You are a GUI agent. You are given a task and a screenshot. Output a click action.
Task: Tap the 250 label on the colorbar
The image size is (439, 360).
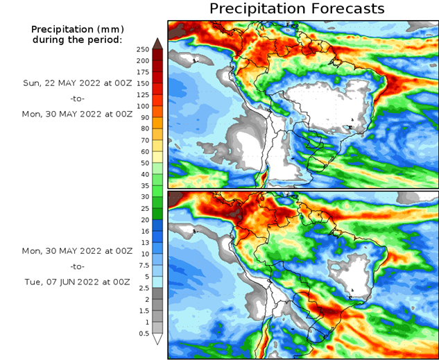click(x=144, y=49)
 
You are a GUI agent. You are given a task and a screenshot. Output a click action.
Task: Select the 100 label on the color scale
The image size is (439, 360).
click(x=144, y=106)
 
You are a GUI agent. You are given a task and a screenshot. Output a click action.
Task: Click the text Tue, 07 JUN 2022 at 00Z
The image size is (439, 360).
click(x=76, y=282)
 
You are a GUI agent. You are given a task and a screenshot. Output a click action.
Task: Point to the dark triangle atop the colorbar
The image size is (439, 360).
click(x=157, y=42)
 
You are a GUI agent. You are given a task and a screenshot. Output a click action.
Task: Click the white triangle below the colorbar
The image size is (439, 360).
click(x=157, y=339)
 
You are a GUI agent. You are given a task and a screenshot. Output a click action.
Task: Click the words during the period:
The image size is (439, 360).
click(x=76, y=40)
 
